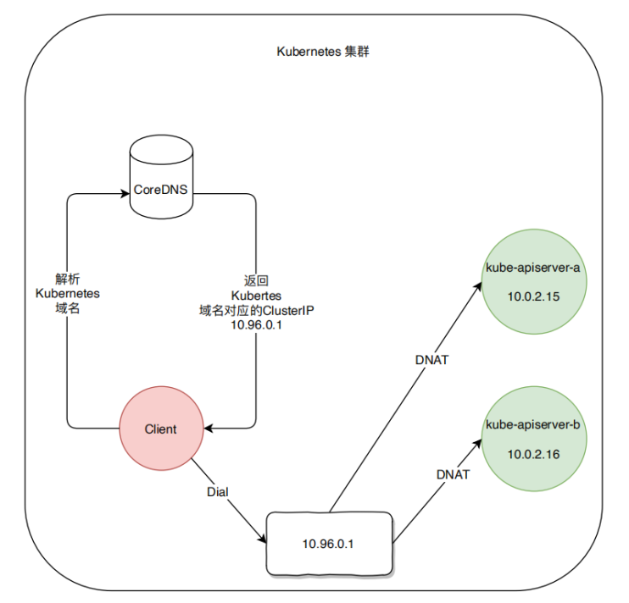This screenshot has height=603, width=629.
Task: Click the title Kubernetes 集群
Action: [x=322, y=52]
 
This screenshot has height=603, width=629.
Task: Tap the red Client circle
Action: [x=161, y=429]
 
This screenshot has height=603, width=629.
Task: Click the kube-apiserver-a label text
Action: [x=532, y=269]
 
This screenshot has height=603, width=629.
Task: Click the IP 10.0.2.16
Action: [x=532, y=455]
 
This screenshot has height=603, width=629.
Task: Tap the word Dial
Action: [x=218, y=491]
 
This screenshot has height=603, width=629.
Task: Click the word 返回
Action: [x=255, y=279]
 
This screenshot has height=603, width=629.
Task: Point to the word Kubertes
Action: [x=255, y=296]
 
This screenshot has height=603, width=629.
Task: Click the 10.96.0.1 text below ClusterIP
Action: [x=255, y=327]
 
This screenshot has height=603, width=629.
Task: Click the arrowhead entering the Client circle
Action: [x=208, y=429]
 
